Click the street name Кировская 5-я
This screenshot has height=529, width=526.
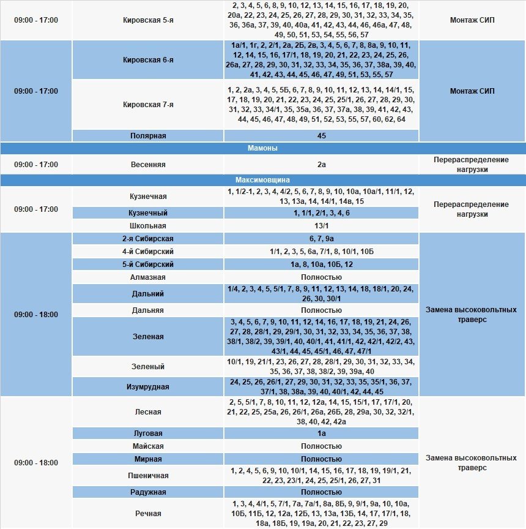148,20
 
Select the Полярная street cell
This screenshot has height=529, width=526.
148,135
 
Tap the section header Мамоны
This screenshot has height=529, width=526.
263,148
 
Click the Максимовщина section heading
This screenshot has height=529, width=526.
263,180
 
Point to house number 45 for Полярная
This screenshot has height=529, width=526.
322,135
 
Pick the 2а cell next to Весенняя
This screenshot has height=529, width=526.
322,165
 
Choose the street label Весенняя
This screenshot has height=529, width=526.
148,165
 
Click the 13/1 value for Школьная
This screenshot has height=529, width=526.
322,225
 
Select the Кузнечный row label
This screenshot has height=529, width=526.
148,213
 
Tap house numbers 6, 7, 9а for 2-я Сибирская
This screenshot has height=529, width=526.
322,238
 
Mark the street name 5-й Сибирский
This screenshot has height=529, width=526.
148,264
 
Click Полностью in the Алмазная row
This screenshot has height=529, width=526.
322,277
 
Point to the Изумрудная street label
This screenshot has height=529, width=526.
148,387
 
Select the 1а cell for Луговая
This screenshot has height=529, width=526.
322,433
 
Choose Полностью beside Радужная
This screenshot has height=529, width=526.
322,492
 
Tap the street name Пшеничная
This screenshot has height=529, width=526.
148,476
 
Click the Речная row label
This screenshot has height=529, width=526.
148,513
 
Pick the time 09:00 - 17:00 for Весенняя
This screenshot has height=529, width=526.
36,165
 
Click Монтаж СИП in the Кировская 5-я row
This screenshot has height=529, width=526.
472,20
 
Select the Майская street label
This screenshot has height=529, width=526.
148,446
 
